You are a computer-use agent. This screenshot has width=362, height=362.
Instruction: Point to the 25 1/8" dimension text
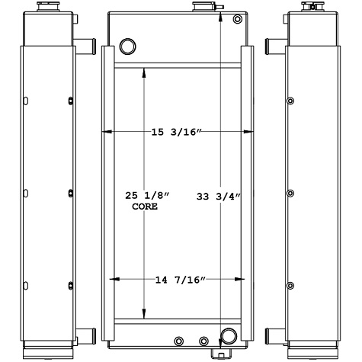[x=147, y=197]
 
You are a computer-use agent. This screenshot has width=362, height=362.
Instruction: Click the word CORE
[x=145, y=207]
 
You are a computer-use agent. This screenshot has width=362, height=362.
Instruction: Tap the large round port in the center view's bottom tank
[x=228, y=337]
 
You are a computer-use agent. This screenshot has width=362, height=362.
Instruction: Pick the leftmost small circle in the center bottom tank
[x=179, y=341]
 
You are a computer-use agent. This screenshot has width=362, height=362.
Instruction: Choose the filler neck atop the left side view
[x=42, y=7]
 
